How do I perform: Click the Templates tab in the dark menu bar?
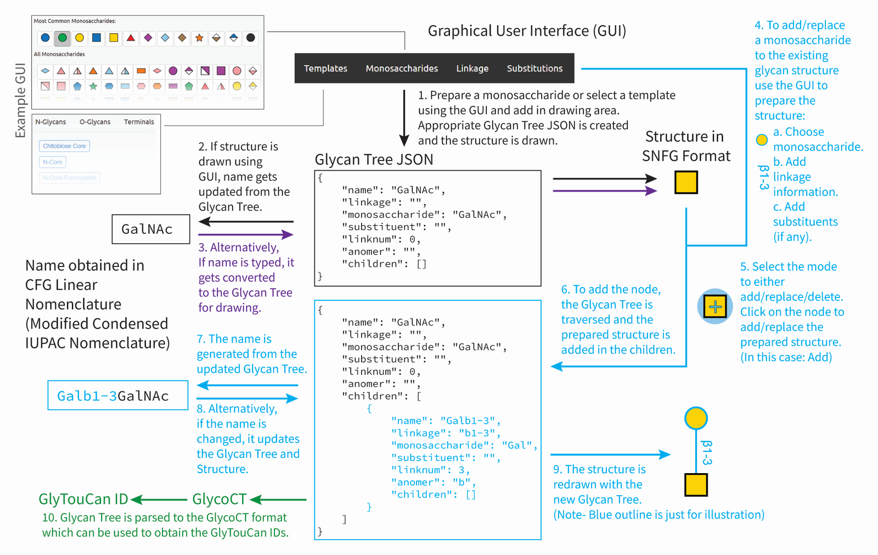(325, 69)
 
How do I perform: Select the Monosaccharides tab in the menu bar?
(402, 69)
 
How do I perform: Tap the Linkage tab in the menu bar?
(472, 69)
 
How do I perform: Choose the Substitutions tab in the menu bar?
(534, 69)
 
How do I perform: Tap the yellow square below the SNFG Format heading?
(686, 182)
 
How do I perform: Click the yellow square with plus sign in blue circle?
(715, 306)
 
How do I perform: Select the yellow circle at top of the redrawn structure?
(696, 418)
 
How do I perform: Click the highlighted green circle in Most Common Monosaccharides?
(63, 38)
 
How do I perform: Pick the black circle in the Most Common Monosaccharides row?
(250, 38)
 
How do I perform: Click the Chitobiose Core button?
(64, 146)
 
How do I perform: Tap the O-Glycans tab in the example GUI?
(95, 122)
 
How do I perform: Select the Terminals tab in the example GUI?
(139, 122)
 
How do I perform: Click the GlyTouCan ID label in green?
(83, 499)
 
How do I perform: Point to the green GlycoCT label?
(219, 499)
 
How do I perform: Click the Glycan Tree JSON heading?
(374, 160)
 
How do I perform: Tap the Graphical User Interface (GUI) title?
(527, 31)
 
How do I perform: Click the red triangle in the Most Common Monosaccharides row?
(131, 38)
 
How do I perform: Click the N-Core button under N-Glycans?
(53, 162)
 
